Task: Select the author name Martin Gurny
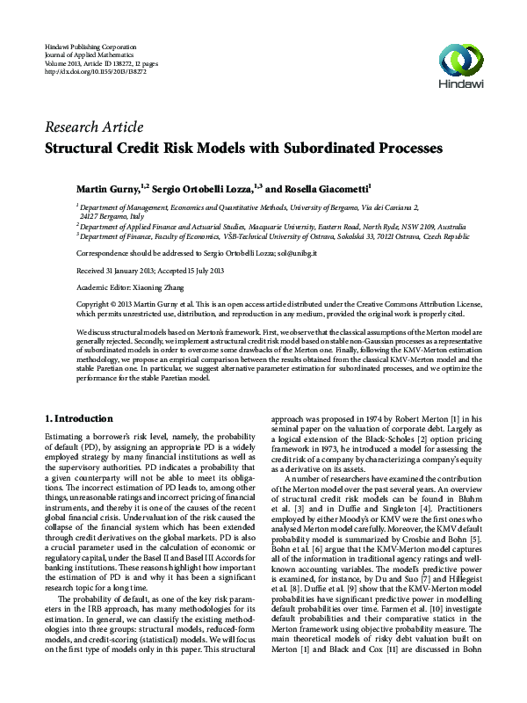point(112,188)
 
